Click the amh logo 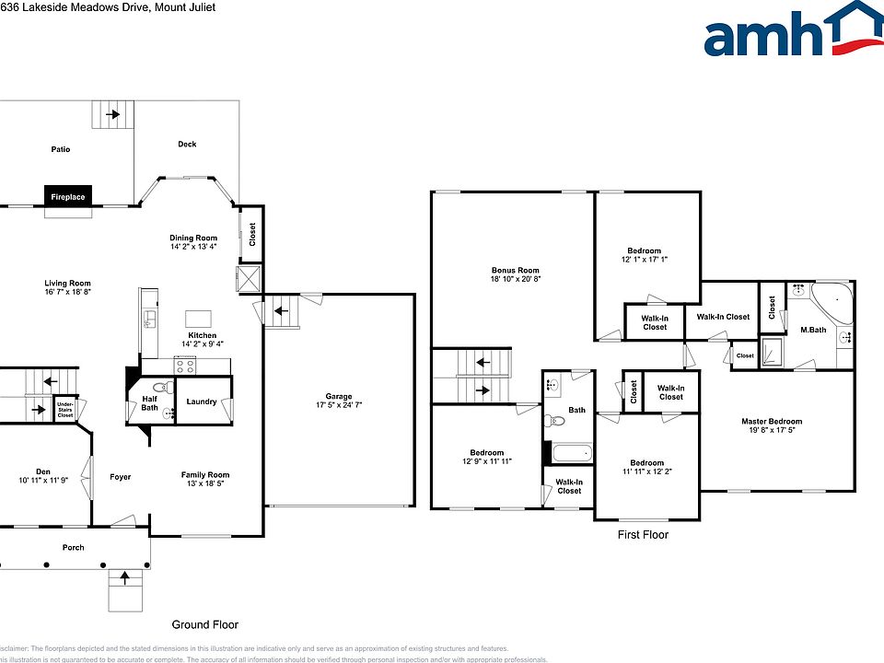(793, 33)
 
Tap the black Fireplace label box (68, 197)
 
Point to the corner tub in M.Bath (833, 304)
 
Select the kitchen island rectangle (200, 316)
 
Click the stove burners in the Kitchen (184, 365)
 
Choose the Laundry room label (201, 401)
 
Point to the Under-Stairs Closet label (64, 410)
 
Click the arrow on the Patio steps (112, 115)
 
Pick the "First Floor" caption (643, 535)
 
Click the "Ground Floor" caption (204, 624)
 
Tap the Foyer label (120, 477)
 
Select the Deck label (187, 144)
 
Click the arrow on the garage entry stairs (279, 313)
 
